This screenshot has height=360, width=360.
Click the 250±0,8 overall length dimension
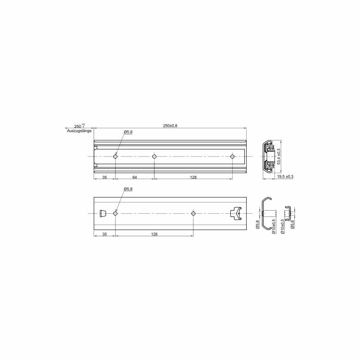170,126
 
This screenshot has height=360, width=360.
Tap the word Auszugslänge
79,131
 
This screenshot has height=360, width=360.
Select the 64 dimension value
135,177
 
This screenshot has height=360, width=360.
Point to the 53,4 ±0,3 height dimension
279,156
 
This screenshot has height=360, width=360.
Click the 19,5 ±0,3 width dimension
285,177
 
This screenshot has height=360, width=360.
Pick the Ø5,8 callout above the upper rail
128,132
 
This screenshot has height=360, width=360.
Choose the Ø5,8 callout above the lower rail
128,189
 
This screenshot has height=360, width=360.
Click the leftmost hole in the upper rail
115,157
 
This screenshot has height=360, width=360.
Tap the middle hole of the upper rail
154,157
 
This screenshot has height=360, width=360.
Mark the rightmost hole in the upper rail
232,157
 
